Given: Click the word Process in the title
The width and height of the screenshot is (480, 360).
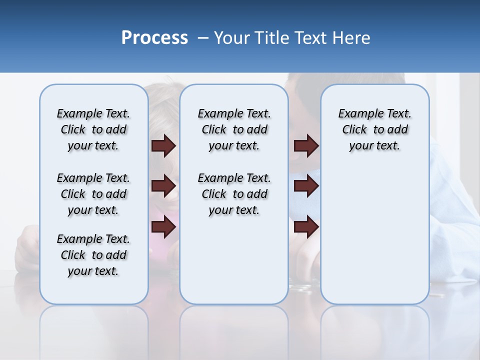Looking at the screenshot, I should tap(154, 38).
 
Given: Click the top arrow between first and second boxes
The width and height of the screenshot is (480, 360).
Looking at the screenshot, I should tap(163, 145).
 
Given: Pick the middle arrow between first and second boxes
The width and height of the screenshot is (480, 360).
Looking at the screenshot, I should tap(163, 186).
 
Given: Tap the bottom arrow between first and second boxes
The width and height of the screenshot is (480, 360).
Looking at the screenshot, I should tap(163, 227).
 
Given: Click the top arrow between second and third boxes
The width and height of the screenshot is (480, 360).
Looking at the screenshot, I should tap(306, 145).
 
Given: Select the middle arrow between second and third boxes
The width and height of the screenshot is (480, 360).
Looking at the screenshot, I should tap(306, 186).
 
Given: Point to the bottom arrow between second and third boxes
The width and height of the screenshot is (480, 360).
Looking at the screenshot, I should tap(306, 227).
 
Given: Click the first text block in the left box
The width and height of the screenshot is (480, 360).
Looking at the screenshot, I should tap(93, 129).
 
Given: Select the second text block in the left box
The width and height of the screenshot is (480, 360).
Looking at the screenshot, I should tap(93, 194).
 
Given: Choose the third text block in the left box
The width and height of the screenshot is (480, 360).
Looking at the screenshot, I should tap(93, 255).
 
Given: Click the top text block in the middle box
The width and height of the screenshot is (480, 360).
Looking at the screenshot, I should tap(234, 129).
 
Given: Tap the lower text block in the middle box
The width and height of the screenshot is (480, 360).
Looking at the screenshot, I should tap(234, 194).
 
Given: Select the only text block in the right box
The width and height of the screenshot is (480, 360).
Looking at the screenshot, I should tap(374, 129).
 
